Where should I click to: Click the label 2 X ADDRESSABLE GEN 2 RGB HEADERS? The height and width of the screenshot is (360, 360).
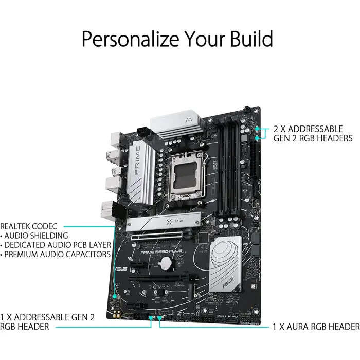pyautogui.click(x=313, y=133)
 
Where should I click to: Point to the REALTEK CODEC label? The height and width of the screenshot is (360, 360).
pyautogui.click(x=29, y=226)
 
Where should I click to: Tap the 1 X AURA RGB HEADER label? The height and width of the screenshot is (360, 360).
pyautogui.click(x=315, y=327)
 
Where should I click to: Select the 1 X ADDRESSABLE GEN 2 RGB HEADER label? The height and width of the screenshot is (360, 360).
pyautogui.click(x=47, y=322)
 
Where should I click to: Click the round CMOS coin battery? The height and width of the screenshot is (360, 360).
pyautogui.click(x=165, y=263)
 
